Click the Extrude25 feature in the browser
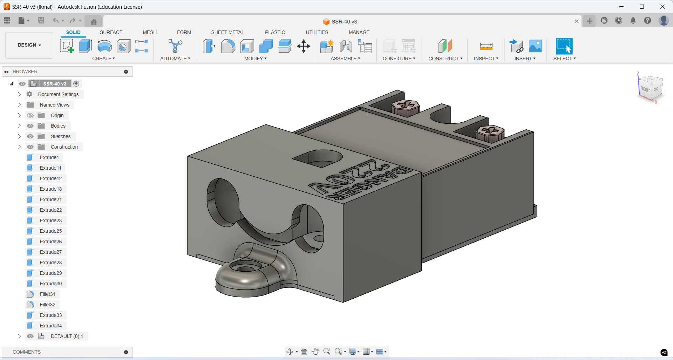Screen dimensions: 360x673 (50, 231)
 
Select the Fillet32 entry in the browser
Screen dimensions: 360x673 (47, 305)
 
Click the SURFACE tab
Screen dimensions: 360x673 (111, 32)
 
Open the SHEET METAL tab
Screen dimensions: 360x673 (227, 32)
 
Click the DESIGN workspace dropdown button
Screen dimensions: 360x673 (29, 45)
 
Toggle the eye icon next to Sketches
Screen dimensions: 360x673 (30, 136)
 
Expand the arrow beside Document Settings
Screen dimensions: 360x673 (19, 94)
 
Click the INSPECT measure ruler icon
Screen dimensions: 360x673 (486, 46)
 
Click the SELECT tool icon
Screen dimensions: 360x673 (564, 46)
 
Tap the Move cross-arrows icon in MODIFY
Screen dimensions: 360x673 (304, 46)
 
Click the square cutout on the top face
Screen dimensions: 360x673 (317, 158)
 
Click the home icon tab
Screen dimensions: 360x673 (94, 22)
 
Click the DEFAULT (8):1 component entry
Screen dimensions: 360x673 (67, 336)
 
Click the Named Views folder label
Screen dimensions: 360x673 (54, 105)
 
